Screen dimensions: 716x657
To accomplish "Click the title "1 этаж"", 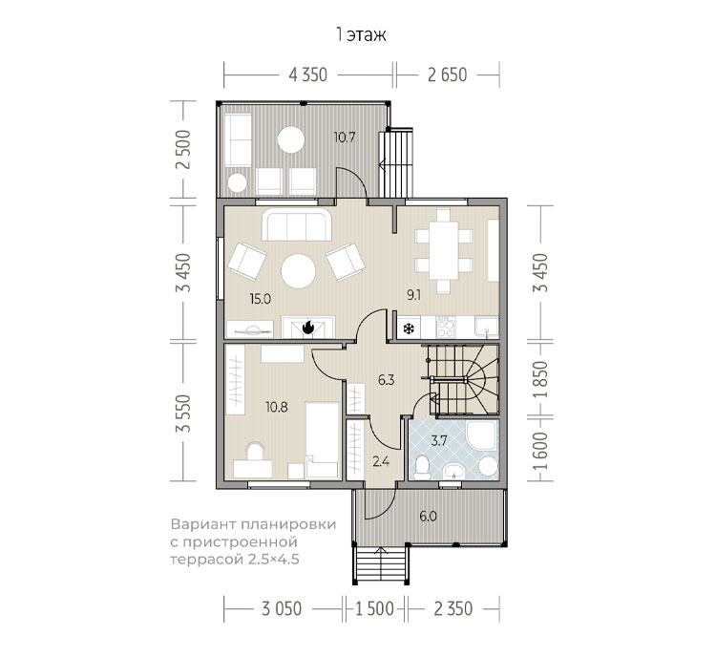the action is [361, 35].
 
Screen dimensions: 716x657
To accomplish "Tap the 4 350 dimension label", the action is [308, 74].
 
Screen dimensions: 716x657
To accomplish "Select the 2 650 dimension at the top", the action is [448, 74].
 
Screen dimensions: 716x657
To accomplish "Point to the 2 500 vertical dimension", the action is [183, 149].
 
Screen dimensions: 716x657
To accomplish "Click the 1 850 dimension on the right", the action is [540, 379].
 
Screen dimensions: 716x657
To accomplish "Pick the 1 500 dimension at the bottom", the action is [374, 609].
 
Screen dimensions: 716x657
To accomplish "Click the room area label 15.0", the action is [261, 299].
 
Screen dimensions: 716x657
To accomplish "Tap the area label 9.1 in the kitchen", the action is [414, 295].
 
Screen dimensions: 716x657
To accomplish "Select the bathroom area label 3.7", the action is [439, 441].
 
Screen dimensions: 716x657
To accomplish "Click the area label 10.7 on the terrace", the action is [345, 138].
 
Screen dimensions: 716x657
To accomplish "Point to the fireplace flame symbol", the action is [308, 328].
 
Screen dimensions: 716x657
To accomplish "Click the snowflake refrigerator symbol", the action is [409, 328].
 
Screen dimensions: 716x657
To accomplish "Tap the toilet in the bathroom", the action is [422, 467].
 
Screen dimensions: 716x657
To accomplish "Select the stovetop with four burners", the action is [446, 327].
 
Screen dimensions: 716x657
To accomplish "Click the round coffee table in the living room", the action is [298, 271].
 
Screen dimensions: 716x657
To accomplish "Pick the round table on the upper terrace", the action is [291, 139].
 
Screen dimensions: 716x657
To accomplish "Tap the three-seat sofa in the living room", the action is [297, 224].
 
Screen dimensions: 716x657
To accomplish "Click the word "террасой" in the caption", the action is [207, 560].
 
